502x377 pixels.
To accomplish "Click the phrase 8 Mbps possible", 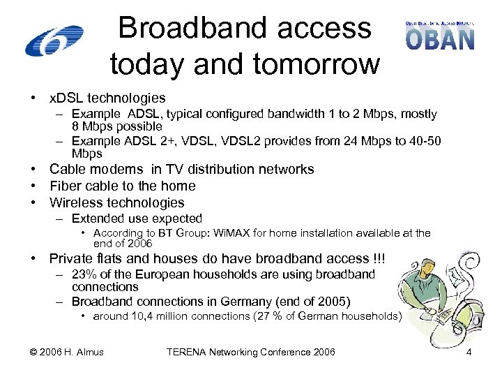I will click(116, 126).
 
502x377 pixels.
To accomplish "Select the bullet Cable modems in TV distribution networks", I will click(181, 169).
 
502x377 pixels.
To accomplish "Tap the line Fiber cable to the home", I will click(122, 186).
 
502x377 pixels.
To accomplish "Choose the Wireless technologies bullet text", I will click(116, 202).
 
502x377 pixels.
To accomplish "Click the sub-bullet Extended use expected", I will click(137, 219).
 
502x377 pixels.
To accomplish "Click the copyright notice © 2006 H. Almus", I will click(68, 352).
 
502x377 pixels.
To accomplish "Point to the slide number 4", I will click(469, 352).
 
